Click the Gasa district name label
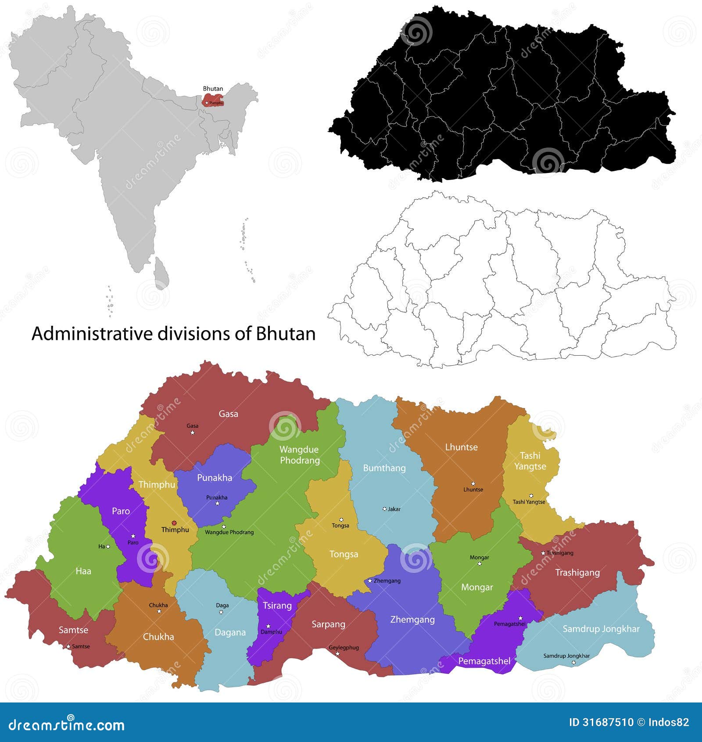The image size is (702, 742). click(x=228, y=414)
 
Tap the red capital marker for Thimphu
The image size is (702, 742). click(x=174, y=522)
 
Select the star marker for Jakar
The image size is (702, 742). click(x=384, y=509)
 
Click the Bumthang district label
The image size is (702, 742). click(x=384, y=468)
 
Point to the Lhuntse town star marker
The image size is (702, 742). click(x=473, y=483)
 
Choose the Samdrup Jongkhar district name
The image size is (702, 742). click(x=601, y=629)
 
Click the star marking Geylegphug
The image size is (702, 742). click(x=337, y=654)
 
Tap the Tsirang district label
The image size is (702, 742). click(x=277, y=605)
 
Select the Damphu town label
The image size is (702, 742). click(x=271, y=632)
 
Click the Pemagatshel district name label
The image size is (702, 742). click(x=484, y=661)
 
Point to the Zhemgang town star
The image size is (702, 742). click(x=370, y=580)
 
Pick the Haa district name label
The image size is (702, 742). click(x=83, y=571)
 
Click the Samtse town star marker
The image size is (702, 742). click(x=68, y=646)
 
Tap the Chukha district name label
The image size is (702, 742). click(x=158, y=637)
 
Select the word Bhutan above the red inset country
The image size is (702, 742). click(x=213, y=89)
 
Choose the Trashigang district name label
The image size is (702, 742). click(x=577, y=573)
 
